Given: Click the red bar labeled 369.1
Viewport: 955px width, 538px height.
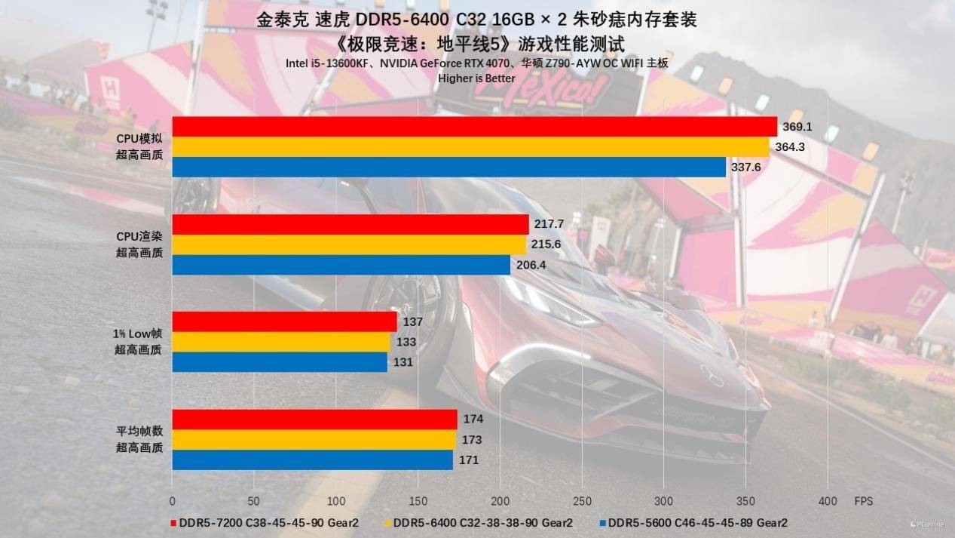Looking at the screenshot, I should pos(474,127).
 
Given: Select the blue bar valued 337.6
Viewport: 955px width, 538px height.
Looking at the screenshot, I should pos(448,167).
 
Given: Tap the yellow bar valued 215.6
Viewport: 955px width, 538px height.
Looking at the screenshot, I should pos(349,244).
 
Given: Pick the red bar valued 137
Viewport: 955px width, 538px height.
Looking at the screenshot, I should pos(284,322).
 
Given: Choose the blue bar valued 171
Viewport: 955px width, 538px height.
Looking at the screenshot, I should pos(312,460).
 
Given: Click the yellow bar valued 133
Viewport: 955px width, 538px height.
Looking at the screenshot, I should pos(281,342).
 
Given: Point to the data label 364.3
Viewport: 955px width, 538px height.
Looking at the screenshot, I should pos(790,147).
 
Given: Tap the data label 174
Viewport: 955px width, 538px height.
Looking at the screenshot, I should pos(473,420).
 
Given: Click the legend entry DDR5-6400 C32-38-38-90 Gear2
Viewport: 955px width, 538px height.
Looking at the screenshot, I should pos(482,522).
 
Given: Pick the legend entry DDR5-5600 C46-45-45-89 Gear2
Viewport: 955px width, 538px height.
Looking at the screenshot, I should pos(697,522).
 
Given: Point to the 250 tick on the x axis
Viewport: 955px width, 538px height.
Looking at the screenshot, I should pos(581,501).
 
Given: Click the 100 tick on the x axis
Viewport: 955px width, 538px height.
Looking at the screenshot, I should pos(335,501).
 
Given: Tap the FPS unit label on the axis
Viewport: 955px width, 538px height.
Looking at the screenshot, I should pos(862,501).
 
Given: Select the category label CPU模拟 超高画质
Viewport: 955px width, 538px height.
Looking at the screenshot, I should pos(139,146).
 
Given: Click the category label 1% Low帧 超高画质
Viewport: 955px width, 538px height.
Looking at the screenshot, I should pos(139,342).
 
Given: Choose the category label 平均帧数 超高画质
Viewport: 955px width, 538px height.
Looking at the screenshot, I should pos(139,439).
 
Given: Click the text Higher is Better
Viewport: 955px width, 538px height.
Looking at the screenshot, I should pos(477,78).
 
